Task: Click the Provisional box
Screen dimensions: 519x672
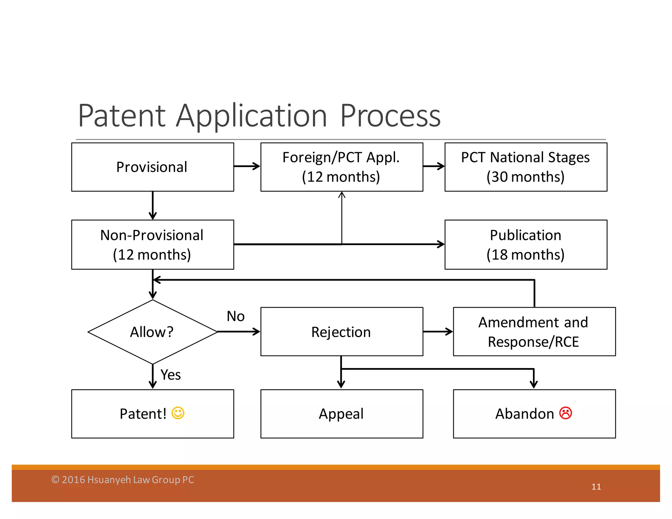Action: click(152, 167)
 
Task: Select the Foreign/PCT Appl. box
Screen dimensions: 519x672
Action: click(342, 167)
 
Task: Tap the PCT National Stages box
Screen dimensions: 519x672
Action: click(526, 167)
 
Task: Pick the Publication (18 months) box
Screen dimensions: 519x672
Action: click(526, 245)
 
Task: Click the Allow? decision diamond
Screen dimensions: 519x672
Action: click(152, 332)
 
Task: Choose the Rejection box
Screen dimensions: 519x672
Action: click(342, 332)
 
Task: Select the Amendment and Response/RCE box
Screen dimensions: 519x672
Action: click(534, 332)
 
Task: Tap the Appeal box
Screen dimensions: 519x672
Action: click(342, 414)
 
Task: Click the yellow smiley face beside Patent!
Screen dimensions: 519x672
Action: click(178, 413)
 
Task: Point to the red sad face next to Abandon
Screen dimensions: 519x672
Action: click(566, 413)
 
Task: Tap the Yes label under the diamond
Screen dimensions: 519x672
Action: click(171, 375)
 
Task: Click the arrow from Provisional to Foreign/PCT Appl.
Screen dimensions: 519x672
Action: click(247, 166)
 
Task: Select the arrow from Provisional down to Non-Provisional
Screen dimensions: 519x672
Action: click(153, 205)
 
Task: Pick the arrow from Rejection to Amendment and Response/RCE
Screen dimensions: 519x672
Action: click(438, 332)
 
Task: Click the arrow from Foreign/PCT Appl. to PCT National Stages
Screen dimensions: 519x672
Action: click(434, 166)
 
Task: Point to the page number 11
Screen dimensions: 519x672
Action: click(596, 487)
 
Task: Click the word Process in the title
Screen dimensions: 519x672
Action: click(390, 116)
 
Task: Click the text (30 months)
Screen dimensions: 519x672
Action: click(526, 177)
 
